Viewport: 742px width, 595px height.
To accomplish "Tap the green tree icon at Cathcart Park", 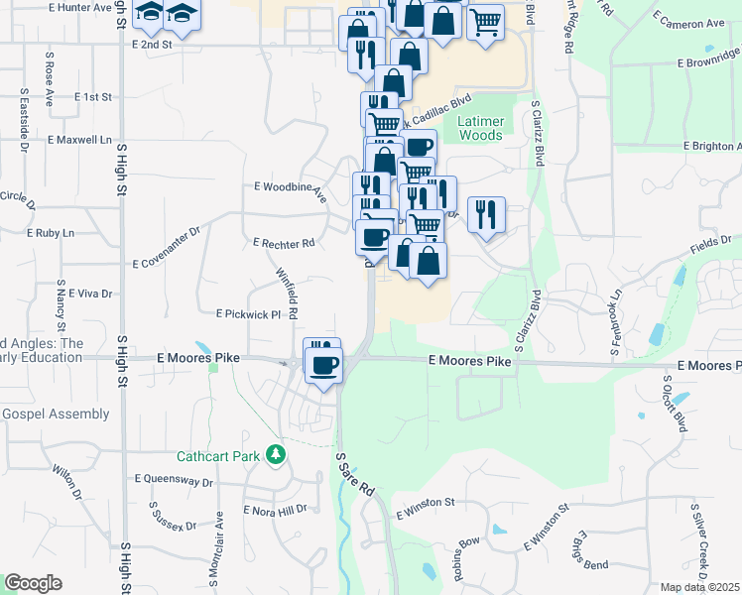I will coord(276,456).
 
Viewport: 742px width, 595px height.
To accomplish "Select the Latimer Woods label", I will coord(481,128).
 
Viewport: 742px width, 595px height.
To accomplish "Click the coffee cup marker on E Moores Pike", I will coord(323,367).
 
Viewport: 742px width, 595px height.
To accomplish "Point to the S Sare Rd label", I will coord(353,476).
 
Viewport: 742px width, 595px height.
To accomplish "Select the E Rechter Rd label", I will coord(284,242).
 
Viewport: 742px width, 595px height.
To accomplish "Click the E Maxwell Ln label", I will coord(79,141).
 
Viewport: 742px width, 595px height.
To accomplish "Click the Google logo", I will coord(33,583).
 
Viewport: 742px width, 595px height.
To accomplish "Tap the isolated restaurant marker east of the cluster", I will coord(485,213).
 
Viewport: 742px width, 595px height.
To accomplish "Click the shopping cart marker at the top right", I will coord(484,22).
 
